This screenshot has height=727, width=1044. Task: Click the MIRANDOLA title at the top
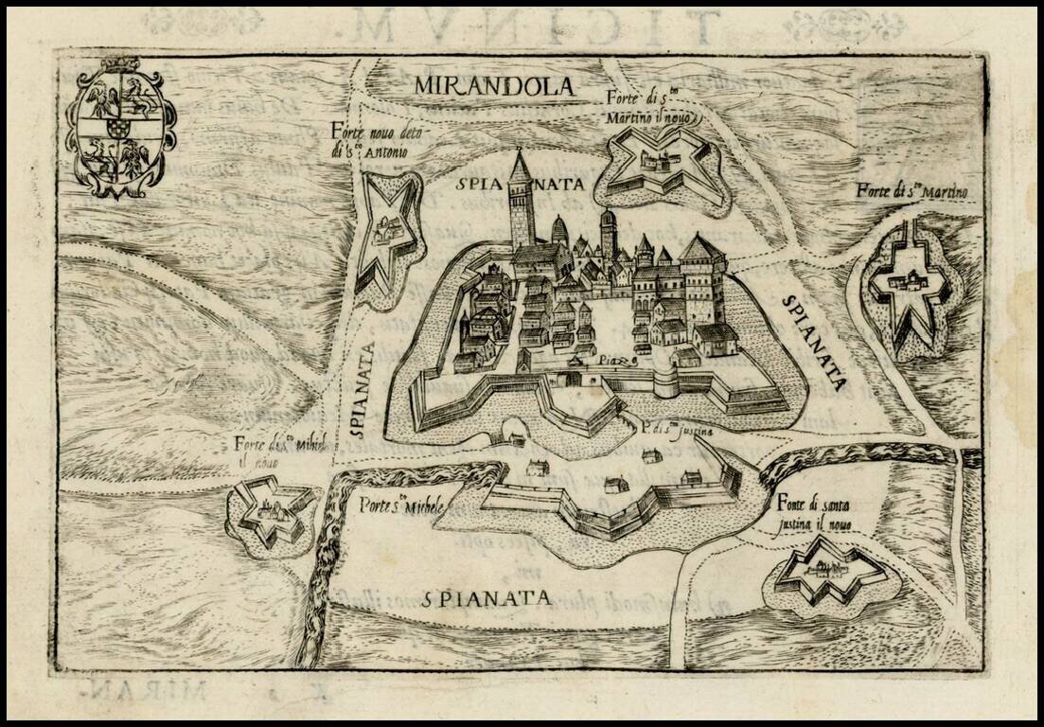494,86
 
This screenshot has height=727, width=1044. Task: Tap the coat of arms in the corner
120,128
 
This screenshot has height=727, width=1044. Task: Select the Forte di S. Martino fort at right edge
910,284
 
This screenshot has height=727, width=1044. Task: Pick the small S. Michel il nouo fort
272,511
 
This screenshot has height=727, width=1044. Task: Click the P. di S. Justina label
675,431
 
